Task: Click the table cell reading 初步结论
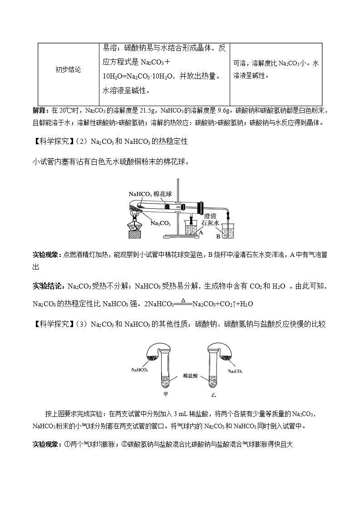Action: click(68, 70)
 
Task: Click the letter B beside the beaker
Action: click(218, 236)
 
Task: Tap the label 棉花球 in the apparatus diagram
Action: click(163, 194)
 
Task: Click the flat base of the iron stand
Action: click(181, 236)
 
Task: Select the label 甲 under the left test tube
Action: click(166, 394)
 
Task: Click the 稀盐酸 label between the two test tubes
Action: click(191, 376)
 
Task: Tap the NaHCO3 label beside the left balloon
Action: click(140, 370)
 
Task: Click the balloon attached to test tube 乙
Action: click(221, 352)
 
